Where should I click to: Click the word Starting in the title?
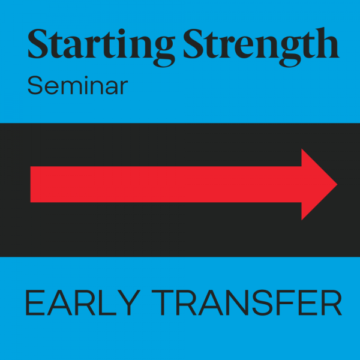101,47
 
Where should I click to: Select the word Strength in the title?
261,47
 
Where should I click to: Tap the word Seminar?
77,85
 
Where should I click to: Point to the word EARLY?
83,302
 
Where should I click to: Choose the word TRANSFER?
247,302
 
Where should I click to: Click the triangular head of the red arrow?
319,184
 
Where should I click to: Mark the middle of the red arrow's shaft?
166,184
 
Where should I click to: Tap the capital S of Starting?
38,44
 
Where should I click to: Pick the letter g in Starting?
163,53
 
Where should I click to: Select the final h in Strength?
326,43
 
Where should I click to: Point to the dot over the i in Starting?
122,32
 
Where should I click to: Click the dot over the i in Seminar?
86,77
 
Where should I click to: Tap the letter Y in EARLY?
129,302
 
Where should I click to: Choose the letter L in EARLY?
107,302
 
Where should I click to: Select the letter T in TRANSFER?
163,302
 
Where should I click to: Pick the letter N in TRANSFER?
238,302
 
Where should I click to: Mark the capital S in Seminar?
35,85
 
